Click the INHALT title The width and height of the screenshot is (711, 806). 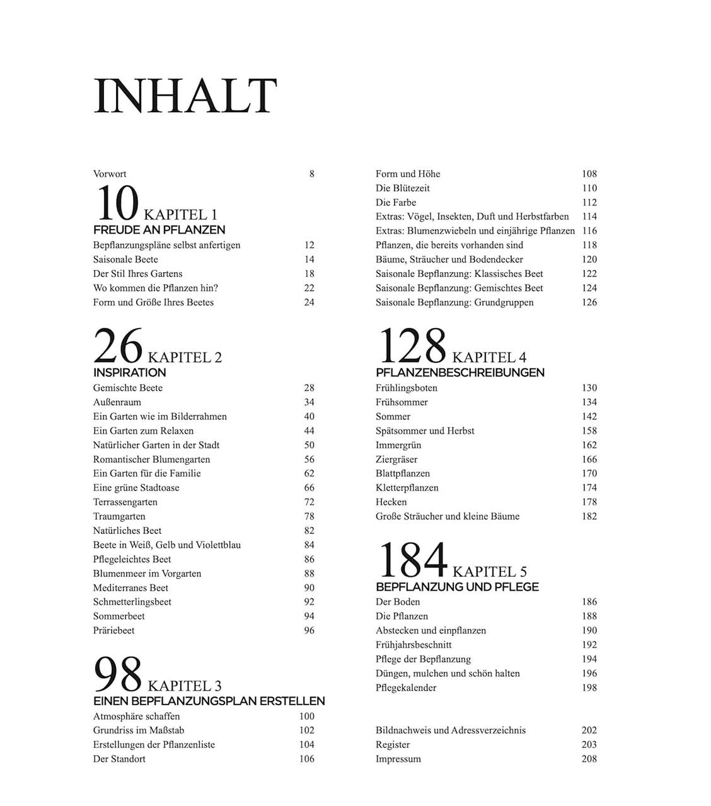(x=185, y=96)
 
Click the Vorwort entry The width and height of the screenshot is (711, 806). (x=110, y=174)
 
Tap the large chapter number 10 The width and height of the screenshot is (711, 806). (x=117, y=204)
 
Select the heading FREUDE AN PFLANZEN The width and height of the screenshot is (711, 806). (x=159, y=230)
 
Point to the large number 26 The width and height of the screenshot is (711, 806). (x=118, y=346)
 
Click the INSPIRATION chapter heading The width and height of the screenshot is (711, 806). (x=130, y=372)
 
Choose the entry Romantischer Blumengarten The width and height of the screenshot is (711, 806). (x=151, y=459)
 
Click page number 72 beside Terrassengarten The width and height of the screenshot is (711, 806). (x=309, y=502)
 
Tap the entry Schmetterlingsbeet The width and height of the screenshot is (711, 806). (x=132, y=601)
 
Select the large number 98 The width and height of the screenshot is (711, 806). (x=118, y=674)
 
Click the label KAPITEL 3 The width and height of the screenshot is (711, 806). (x=185, y=686)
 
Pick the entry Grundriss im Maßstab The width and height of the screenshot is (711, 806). (x=139, y=730)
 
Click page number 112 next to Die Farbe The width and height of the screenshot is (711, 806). (x=589, y=202)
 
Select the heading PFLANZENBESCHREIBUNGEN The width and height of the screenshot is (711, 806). (x=460, y=372)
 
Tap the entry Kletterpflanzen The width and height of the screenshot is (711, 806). (x=407, y=487)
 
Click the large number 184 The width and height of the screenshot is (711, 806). (x=412, y=560)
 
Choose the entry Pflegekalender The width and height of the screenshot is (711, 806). (x=406, y=688)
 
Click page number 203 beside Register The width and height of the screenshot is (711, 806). (x=589, y=744)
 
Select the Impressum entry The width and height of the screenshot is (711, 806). (x=398, y=759)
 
